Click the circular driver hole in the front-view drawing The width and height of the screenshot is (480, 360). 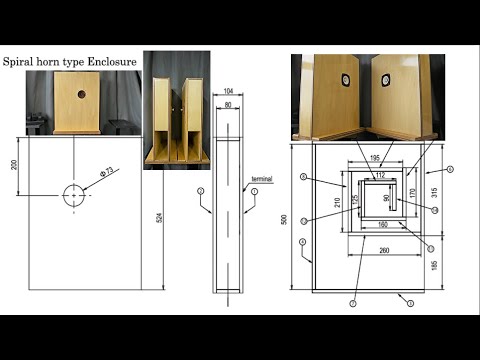click(76, 194)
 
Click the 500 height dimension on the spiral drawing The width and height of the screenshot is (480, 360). click(285, 218)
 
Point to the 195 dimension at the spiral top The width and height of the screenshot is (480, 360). click(373, 158)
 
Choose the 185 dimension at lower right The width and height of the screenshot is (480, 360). click(433, 265)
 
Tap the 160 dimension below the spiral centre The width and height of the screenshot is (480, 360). click(383, 225)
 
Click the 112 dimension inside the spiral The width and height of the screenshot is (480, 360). click(379, 175)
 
